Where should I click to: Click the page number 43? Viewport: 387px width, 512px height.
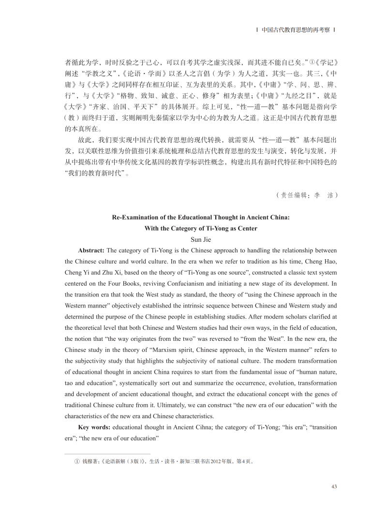pos(333,486)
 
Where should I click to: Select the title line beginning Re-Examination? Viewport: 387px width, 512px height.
pos(200,217)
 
